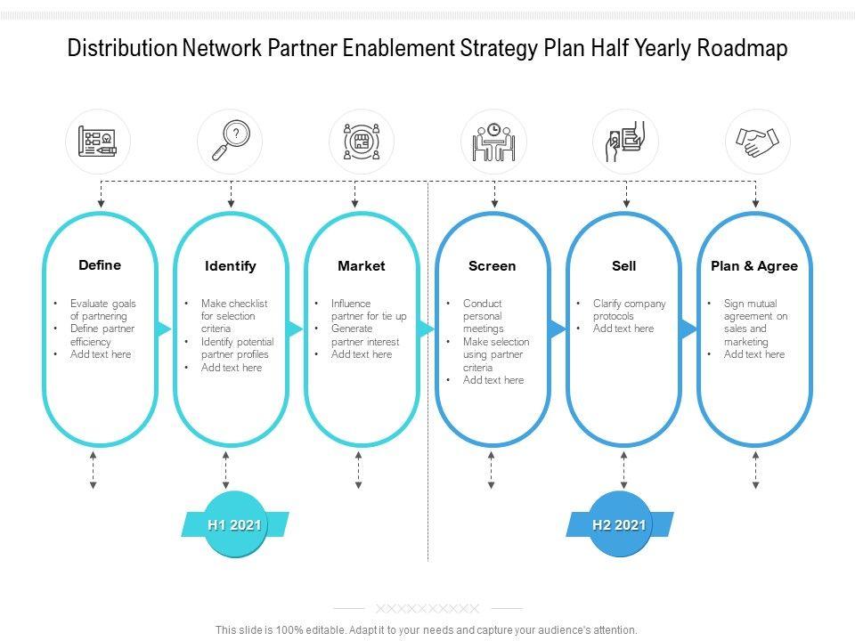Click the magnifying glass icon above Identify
pyautogui.click(x=230, y=142)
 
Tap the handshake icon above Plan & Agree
pyautogui.click(x=757, y=142)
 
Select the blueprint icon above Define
pyautogui.click(x=98, y=142)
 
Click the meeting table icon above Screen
pyautogui.click(x=493, y=142)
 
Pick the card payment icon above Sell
pyautogui.click(x=625, y=142)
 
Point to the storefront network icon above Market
pyautogui.click(x=362, y=142)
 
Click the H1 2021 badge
pyautogui.click(x=234, y=524)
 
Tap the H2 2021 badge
pyautogui.click(x=620, y=524)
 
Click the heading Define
pyautogui.click(x=100, y=264)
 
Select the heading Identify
pyautogui.click(x=231, y=265)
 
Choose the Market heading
pyautogui.click(x=362, y=265)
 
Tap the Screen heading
pyautogui.click(x=493, y=265)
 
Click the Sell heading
pyautogui.click(x=624, y=265)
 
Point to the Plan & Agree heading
pyautogui.click(x=754, y=265)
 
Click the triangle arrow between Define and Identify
pyautogui.click(x=164, y=329)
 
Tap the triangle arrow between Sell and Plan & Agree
pyautogui.click(x=688, y=329)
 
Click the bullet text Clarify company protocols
pyautogui.click(x=629, y=310)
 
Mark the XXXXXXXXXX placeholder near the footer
pyautogui.click(x=427, y=609)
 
